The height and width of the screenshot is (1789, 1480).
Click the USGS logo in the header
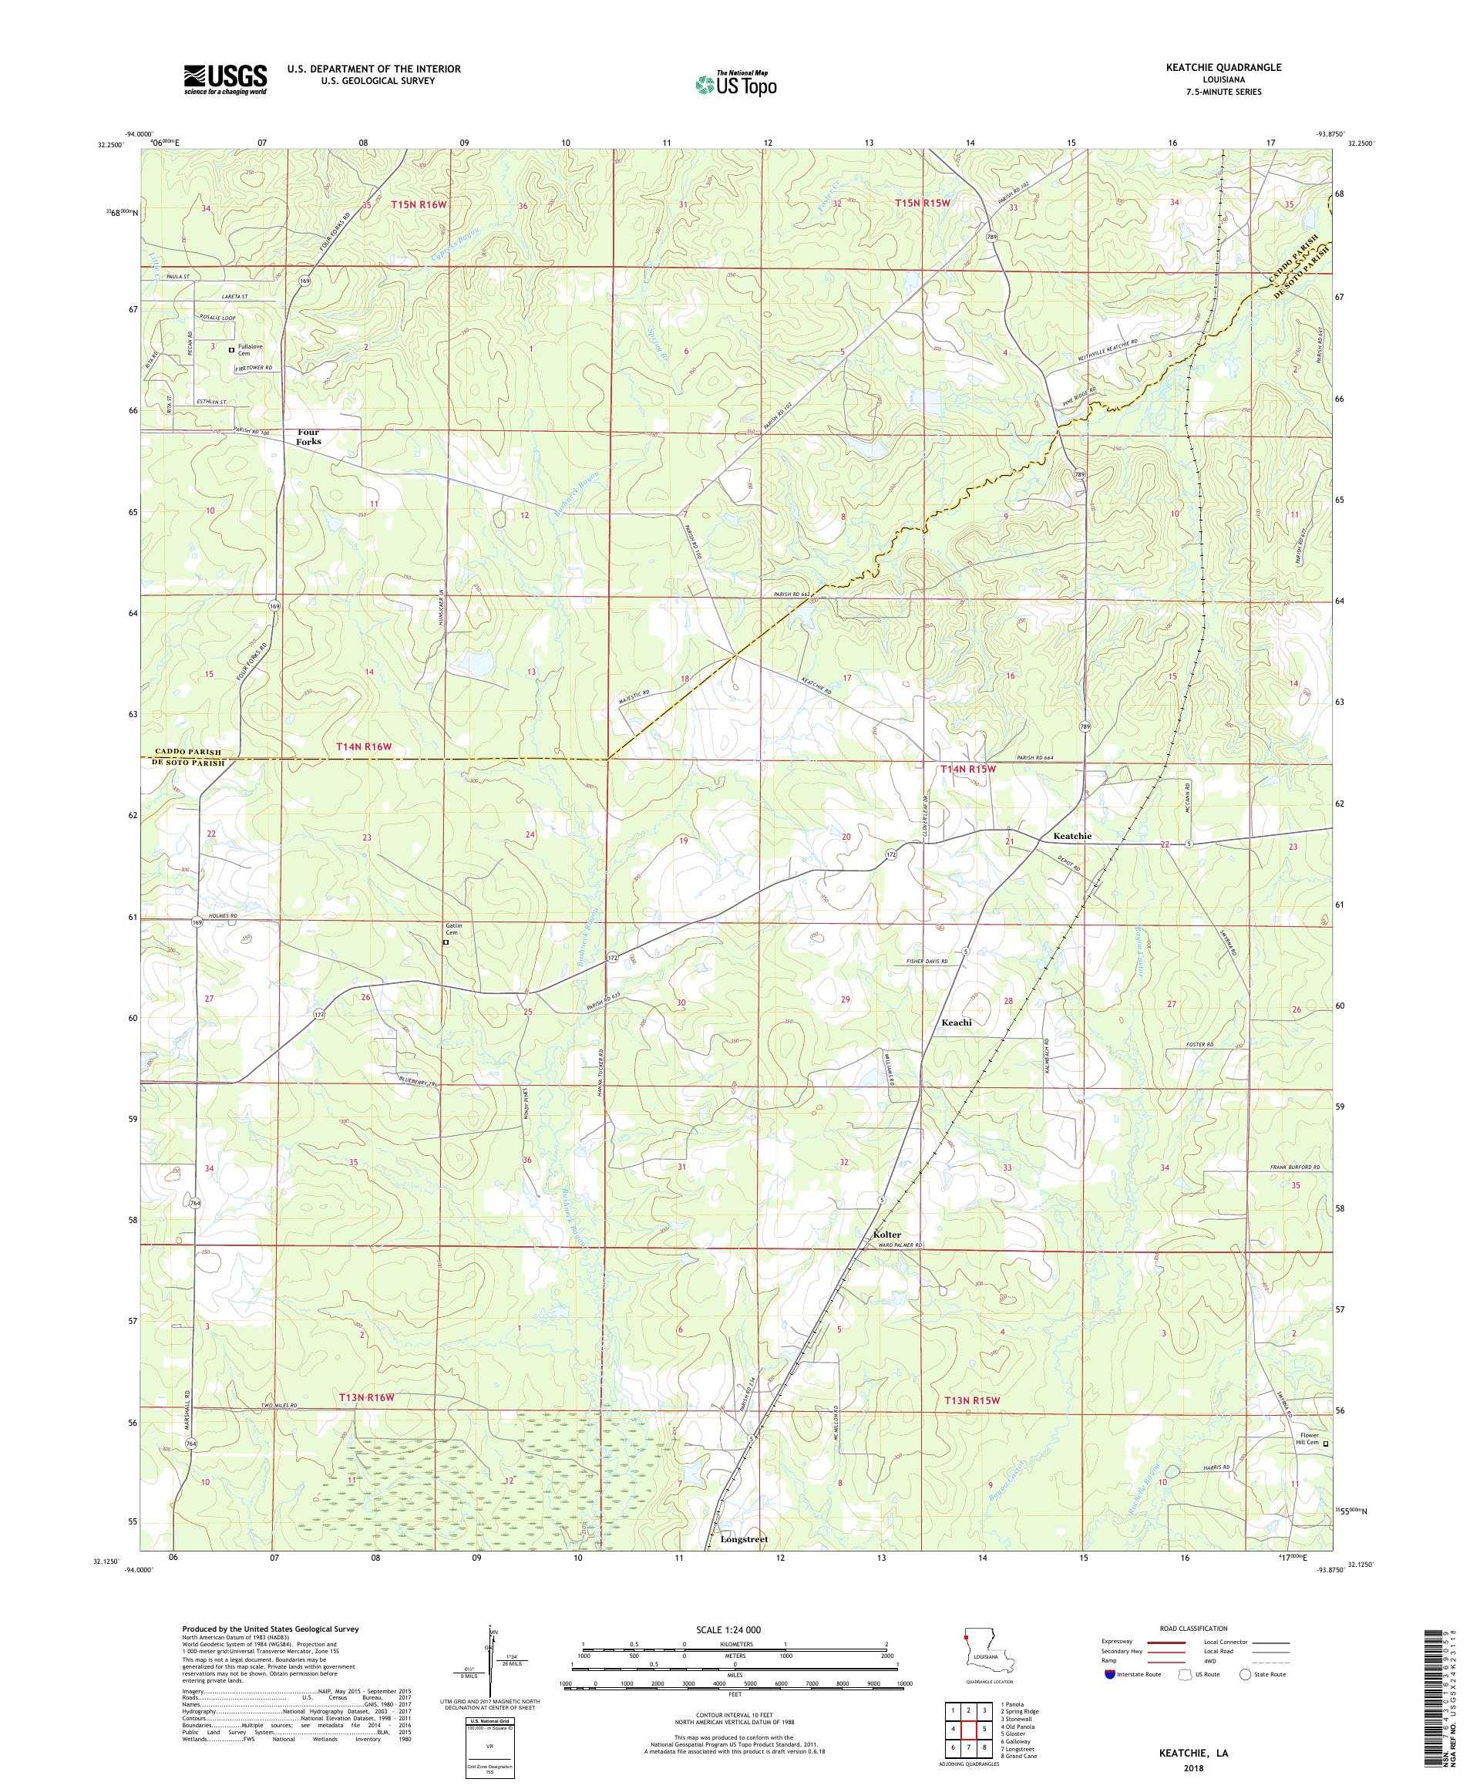225,79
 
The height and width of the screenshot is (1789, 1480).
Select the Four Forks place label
308,437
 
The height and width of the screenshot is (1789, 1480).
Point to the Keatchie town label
1072,836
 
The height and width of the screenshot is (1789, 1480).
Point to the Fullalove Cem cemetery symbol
230,349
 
